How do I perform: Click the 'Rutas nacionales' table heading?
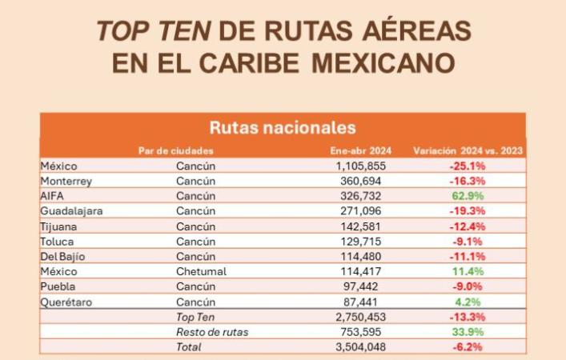283,127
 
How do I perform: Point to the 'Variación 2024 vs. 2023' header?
468,150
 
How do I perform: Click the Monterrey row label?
66,181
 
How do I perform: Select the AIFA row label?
52,196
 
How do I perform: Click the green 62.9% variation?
468,196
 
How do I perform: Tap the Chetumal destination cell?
202,271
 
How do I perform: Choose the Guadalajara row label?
71,211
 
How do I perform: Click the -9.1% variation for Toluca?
468,241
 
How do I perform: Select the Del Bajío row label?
62,256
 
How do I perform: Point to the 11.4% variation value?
468,271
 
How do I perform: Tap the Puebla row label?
58,286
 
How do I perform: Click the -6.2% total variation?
468,347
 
